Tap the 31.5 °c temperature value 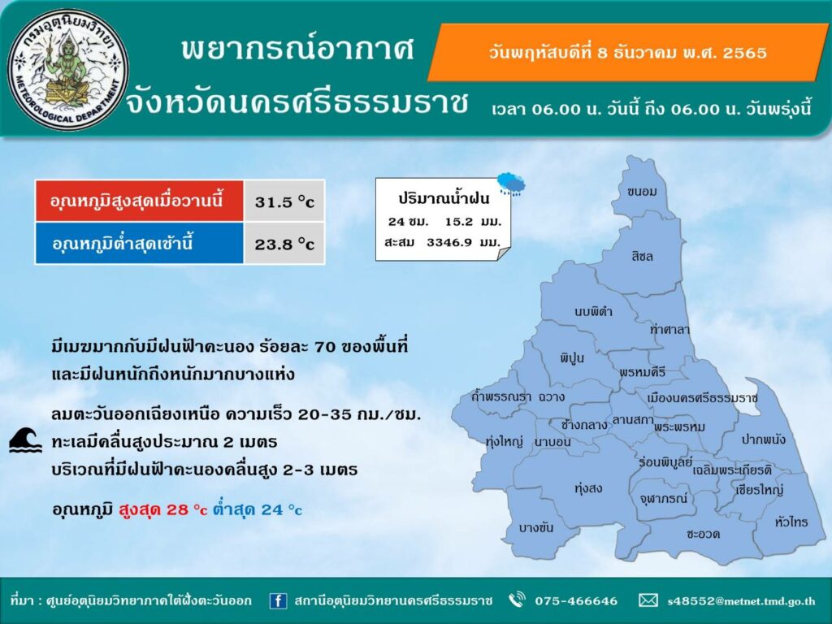pyautogui.click(x=284, y=202)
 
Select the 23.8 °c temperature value pyautogui.click(x=284, y=244)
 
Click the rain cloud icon pyautogui.click(x=512, y=184)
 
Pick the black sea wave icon pyautogui.click(x=25, y=440)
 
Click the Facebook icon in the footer pyautogui.click(x=278, y=600)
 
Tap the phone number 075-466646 pyautogui.click(x=576, y=600)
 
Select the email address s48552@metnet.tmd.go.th pyautogui.click(x=741, y=601)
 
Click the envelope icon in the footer pyautogui.click(x=648, y=600)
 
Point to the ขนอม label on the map pyautogui.click(x=642, y=192)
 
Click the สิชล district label pyautogui.click(x=642, y=256)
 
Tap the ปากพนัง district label pyautogui.click(x=764, y=440)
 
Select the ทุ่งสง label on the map pyautogui.click(x=588, y=487)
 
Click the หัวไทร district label pyautogui.click(x=791, y=522)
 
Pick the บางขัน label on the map pyautogui.click(x=536, y=527)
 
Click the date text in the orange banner pyautogui.click(x=627, y=53)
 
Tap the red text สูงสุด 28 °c pyautogui.click(x=162, y=509)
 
